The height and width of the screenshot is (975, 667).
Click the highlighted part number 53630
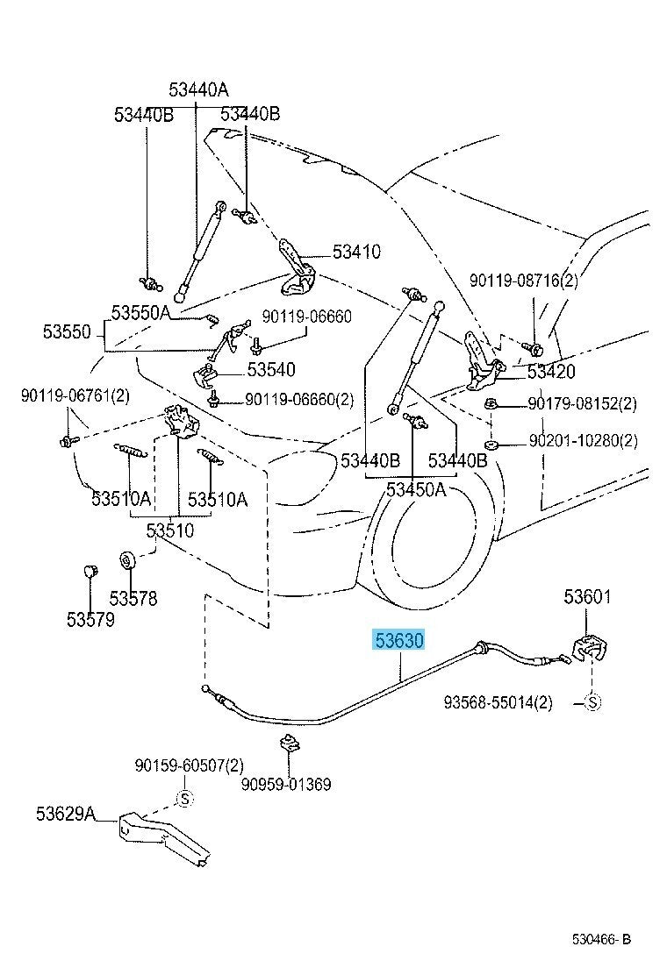399,641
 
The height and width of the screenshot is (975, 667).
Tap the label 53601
587,598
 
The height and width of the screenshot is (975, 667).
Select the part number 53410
356,253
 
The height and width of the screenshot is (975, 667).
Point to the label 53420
550,372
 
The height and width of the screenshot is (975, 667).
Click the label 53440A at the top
198,89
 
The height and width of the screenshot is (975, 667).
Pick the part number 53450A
405,489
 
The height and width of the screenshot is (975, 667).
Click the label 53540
270,370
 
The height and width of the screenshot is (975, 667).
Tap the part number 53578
133,598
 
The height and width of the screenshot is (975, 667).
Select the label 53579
90,619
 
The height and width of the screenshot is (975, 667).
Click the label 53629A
65,815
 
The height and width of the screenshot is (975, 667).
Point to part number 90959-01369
288,784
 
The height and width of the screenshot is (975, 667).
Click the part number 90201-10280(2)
583,441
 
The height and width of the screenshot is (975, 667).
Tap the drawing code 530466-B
601,941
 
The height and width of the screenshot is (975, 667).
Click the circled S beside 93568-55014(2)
591,701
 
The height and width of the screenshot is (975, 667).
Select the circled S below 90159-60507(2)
185,798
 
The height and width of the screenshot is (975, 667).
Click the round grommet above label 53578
126,559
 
